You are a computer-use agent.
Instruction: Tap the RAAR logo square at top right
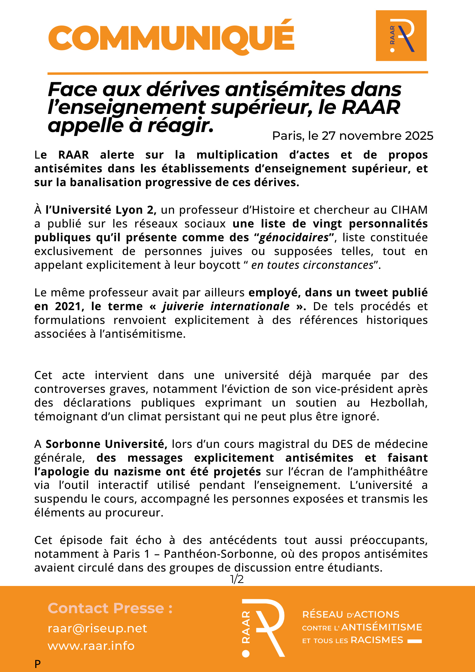pos(401,36)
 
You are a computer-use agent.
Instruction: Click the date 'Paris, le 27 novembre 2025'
pos(352,136)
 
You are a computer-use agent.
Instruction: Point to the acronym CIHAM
pos(409,210)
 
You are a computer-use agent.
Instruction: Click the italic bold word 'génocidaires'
pos(294,238)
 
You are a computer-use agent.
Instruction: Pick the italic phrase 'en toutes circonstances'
pos(312,265)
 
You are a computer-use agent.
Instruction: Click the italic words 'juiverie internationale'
pos(226,306)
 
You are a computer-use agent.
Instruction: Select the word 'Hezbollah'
pos(399,403)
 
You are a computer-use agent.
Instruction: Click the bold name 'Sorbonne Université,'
pos(106,444)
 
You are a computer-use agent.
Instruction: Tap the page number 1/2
pos(237,579)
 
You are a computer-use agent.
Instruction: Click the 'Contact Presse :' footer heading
pos(110,608)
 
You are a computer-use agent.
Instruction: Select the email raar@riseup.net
pos(97,629)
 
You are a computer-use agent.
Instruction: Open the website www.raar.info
pos(91,646)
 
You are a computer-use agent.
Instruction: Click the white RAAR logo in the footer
pos(264,628)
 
